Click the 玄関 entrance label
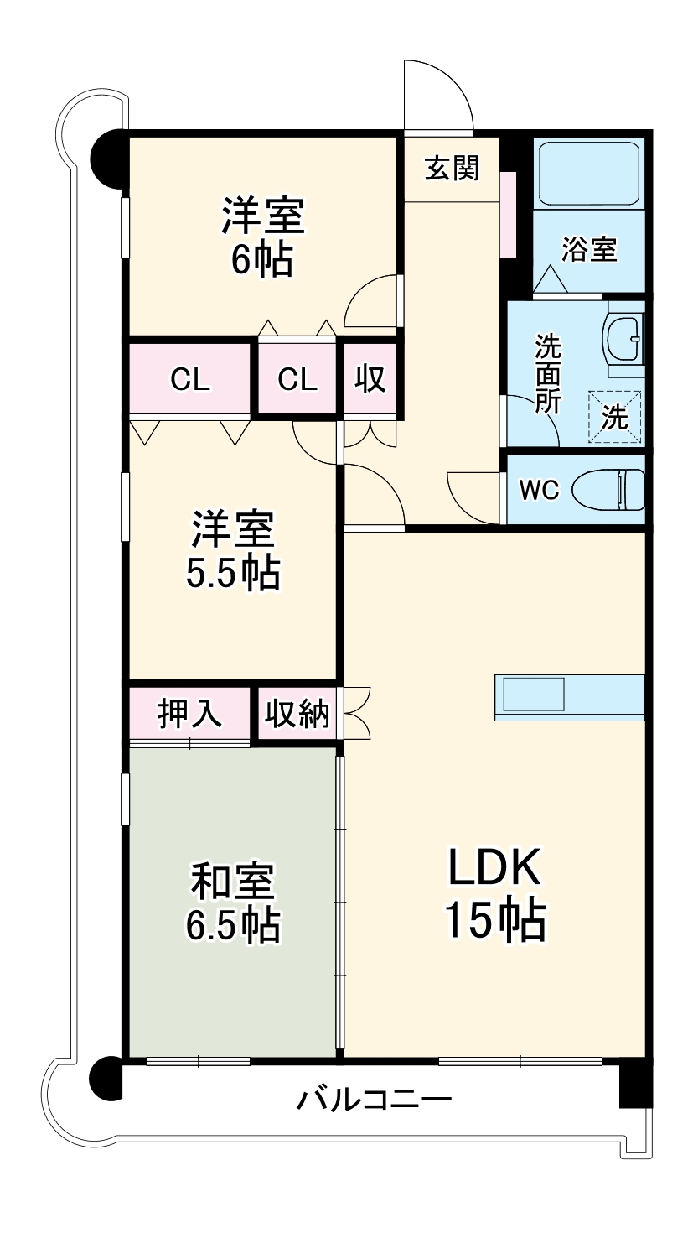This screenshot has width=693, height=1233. click(x=452, y=169)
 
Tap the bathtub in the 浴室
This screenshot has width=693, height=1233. click(x=589, y=174)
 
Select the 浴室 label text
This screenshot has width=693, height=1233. click(x=589, y=249)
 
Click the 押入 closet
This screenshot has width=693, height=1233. click(x=190, y=714)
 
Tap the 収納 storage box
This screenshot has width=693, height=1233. click(x=297, y=714)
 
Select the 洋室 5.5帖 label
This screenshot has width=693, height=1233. click(x=232, y=551)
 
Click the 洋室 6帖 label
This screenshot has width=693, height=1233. click(x=261, y=237)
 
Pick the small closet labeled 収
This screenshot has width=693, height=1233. click(x=369, y=380)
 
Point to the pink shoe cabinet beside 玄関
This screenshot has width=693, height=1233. click(x=509, y=214)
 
